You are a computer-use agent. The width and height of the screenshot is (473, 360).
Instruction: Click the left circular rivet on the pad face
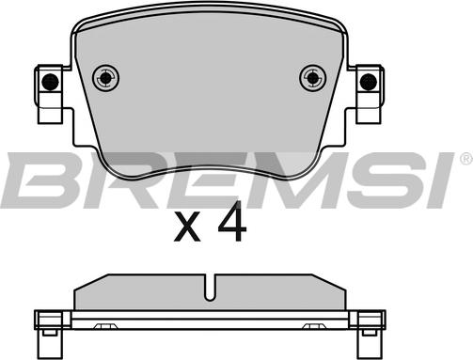[x=106, y=78]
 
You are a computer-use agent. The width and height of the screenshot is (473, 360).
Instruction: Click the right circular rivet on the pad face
[x=313, y=78]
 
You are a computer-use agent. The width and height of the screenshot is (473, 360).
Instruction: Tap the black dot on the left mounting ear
[x=50, y=82]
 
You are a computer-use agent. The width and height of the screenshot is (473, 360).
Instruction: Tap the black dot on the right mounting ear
[x=369, y=82]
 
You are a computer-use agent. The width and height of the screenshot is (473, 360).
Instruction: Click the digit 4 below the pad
[x=232, y=221]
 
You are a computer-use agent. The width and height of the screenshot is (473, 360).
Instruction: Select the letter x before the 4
[x=187, y=227]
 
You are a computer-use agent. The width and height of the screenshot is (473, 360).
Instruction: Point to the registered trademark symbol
[x=466, y=159]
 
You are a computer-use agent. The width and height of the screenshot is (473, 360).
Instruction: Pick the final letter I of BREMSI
[x=438, y=180]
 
